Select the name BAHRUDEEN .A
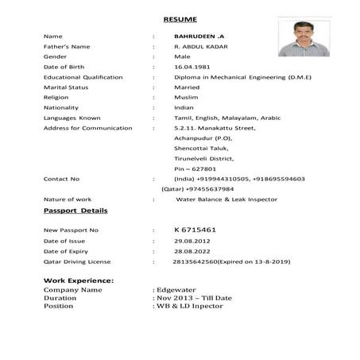(196, 37)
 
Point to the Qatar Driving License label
(77, 261)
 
